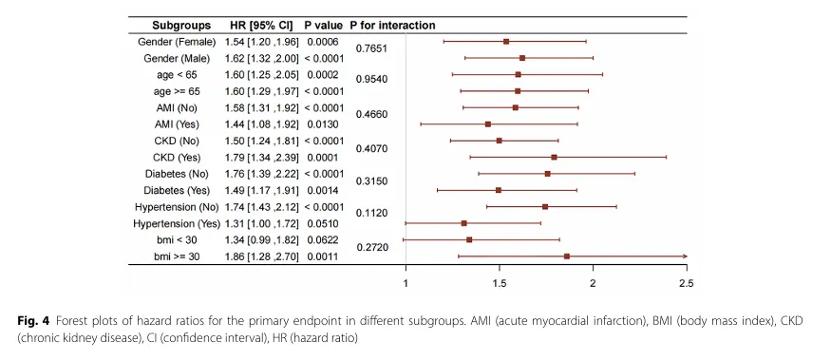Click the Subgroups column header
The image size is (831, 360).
click(x=181, y=26)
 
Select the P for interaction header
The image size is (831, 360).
click(x=392, y=26)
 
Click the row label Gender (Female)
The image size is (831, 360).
click(x=177, y=42)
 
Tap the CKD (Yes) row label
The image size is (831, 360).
click(x=177, y=158)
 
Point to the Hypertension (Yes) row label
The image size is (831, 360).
click(x=177, y=224)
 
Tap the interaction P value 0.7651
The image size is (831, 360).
click(x=371, y=48)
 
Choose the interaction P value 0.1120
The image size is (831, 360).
click(x=371, y=213)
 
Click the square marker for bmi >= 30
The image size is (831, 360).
click(x=567, y=256)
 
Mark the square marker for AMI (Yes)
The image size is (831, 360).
click(x=488, y=124)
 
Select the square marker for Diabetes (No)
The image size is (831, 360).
click(x=548, y=174)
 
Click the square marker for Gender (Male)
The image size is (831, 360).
click(x=522, y=58)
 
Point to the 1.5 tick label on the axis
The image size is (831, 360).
click(x=500, y=283)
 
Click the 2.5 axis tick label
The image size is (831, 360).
click(x=687, y=283)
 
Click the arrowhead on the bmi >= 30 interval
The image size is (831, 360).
click(x=685, y=256)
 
